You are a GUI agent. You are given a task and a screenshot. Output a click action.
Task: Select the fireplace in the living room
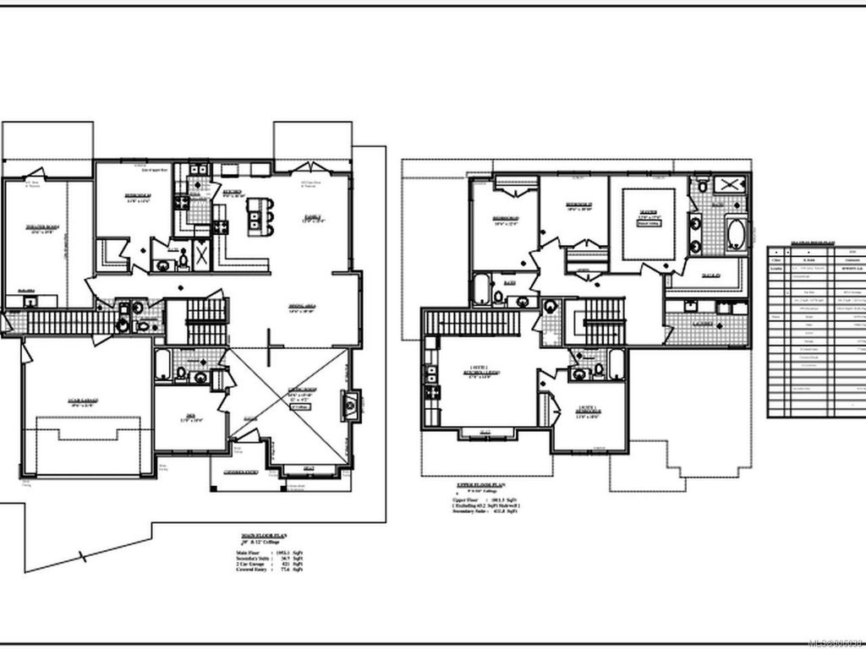[x=348, y=406]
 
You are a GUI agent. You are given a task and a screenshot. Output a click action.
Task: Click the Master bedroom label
[x=649, y=213]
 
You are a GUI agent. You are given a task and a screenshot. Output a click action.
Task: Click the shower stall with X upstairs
[x=732, y=184]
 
